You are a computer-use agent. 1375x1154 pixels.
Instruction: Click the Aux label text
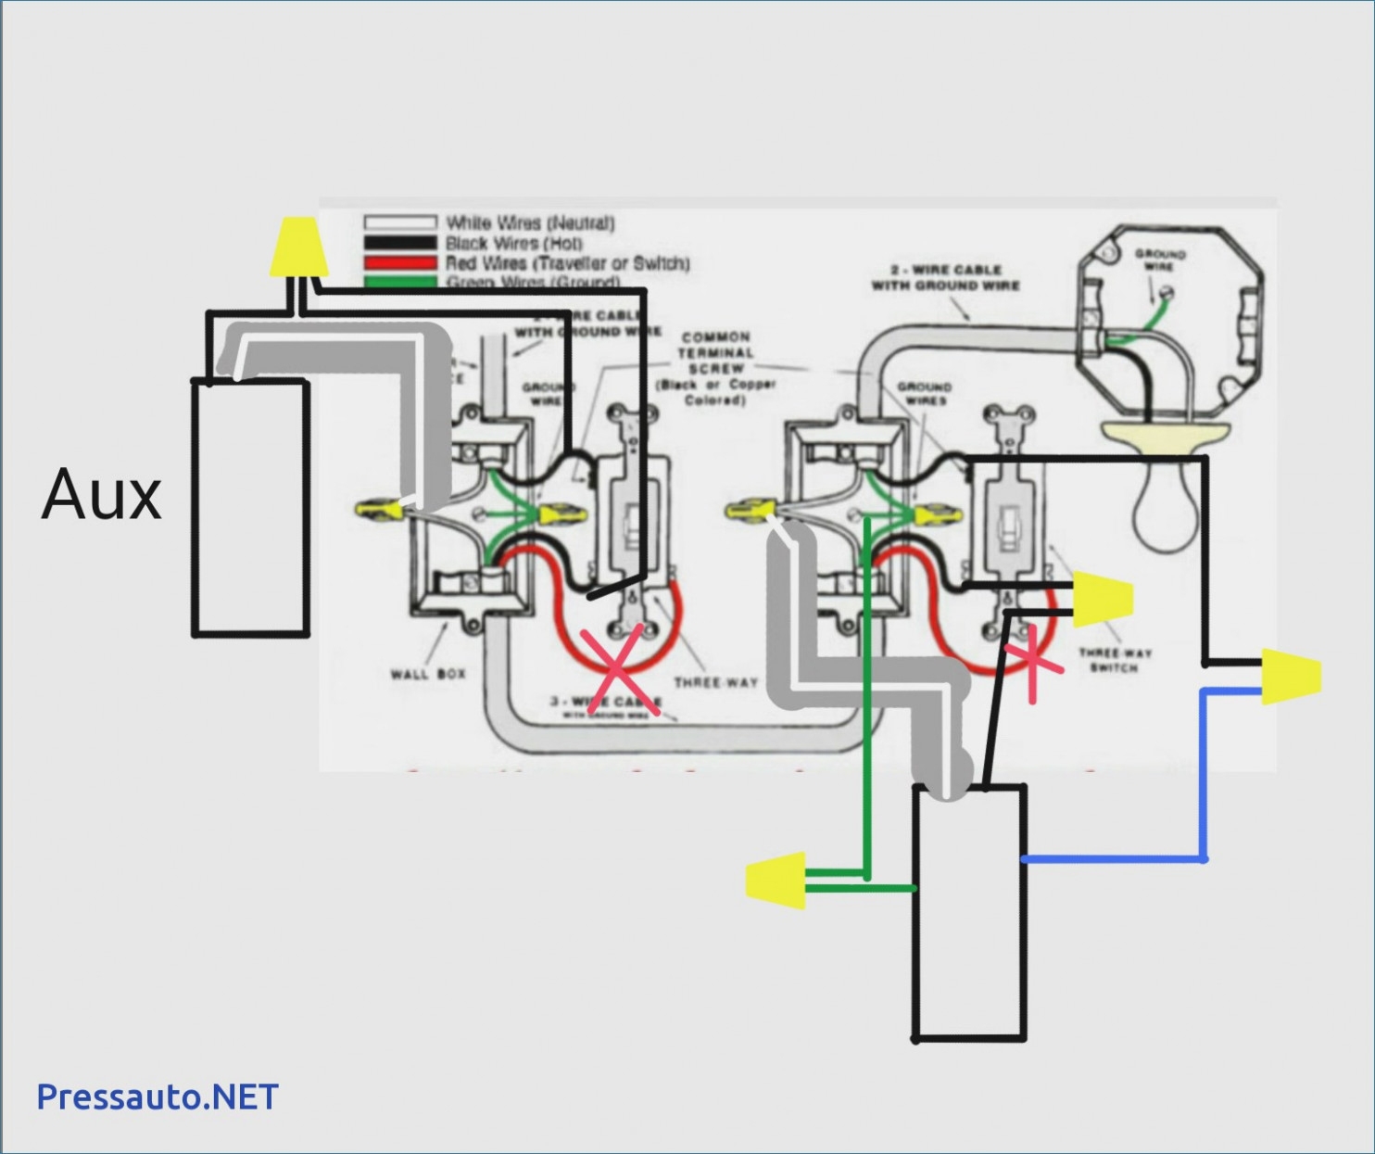pos(102,494)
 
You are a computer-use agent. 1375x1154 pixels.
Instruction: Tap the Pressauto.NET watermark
pos(158,1097)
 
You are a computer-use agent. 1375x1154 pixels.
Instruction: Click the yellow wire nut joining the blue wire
pos(1290,676)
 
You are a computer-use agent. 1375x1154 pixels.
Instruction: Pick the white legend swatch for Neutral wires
pos(399,222)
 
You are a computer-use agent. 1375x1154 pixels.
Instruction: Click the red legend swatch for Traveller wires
pos(399,263)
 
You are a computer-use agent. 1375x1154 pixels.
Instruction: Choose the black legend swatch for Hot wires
pos(399,243)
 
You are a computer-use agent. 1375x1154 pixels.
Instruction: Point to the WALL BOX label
pos(428,673)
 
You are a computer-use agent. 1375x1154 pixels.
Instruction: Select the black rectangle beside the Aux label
pos(250,508)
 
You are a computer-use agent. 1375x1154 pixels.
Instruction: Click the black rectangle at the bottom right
pos(970,913)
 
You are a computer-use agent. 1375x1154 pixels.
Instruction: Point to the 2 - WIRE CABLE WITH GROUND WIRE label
pos(945,277)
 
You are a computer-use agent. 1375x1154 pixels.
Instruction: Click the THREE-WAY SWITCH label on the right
pos(1115,660)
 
